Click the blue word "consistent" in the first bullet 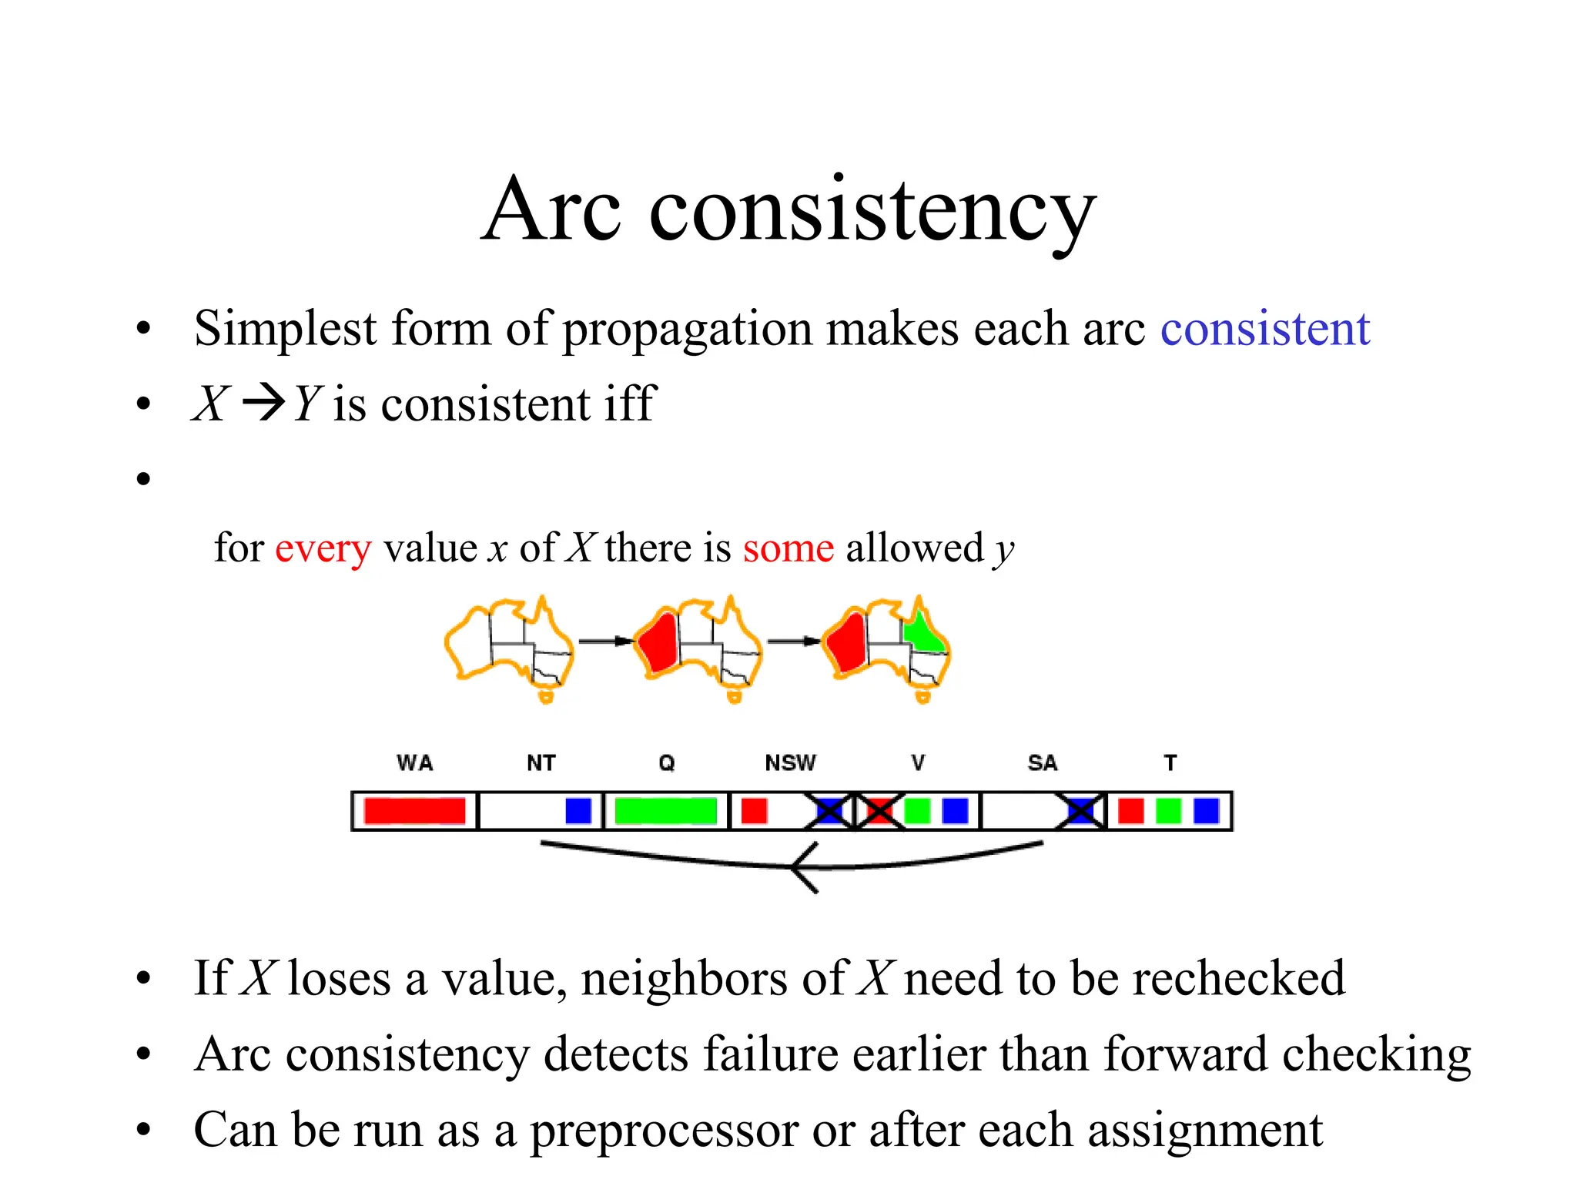[x=1265, y=330]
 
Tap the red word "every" [x=323, y=549]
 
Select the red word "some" [x=788, y=548]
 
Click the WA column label [x=415, y=763]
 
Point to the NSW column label [x=790, y=763]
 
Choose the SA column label [x=1043, y=763]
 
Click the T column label [x=1170, y=763]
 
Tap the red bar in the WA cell [x=414, y=811]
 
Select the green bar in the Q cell [x=665, y=811]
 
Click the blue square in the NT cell [x=578, y=811]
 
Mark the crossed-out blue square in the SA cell [x=1081, y=811]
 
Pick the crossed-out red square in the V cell [x=879, y=811]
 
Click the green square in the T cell [x=1168, y=811]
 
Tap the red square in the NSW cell [x=754, y=811]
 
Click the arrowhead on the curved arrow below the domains [x=801, y=868]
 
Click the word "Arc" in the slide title [x=551, y=209]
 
